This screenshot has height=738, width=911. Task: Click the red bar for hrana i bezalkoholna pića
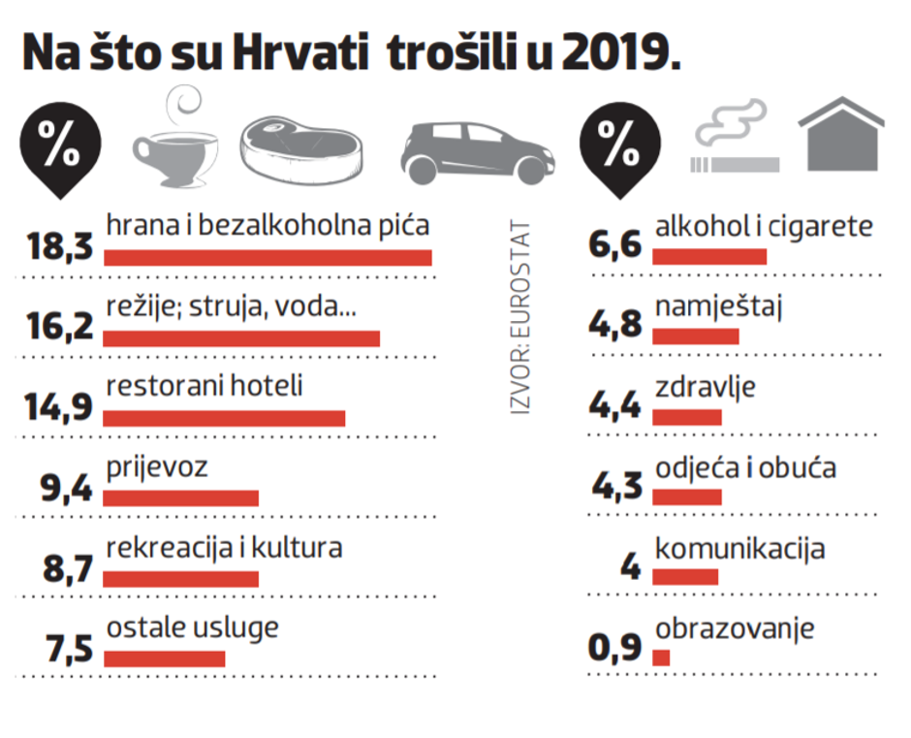[x=267, y=258]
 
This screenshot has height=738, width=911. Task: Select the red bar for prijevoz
[x=180, y=498]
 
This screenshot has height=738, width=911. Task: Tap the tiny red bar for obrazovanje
[x=661, y=658]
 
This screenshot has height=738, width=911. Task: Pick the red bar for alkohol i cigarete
[x=709, y=257]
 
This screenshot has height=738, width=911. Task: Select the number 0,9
[x=615, y=647]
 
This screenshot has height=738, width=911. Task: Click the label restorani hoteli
[x=204, y=386]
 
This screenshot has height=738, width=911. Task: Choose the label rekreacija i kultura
[x=224, y=547]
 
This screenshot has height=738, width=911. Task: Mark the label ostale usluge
[x=192, y=626]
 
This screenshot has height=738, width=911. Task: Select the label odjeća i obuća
[x=745, y=467]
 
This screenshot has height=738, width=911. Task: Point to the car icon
[x=478, y=153]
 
